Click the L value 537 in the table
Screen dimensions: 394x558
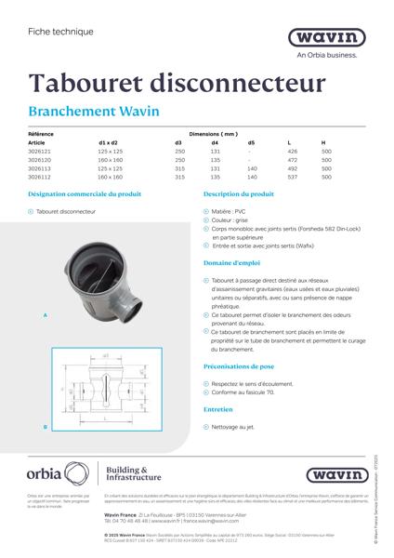point(292,177)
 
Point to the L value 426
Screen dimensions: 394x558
point(292,151)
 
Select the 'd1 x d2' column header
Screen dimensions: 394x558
point(108,142)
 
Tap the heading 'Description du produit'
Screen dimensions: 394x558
point(238,195)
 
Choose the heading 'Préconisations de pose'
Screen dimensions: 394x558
point(240,367)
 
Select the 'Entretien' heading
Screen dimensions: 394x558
point(218,408)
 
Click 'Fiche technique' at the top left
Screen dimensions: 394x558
point(54,32)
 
